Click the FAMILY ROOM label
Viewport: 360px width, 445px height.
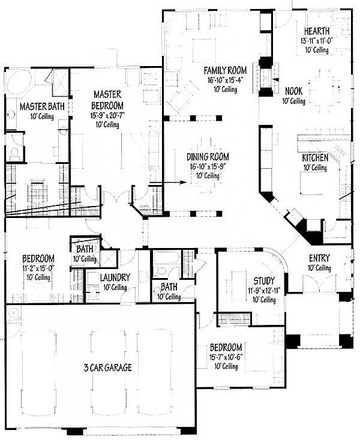[x=225, y=70]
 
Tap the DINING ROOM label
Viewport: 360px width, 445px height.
[x=208, y=157]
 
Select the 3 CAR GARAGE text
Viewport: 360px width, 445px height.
[x=108, y=368]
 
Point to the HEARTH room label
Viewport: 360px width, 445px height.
[x=317, y=31]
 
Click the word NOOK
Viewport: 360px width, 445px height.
[x=293, y=91]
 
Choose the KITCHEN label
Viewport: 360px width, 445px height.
[x=315, y=158]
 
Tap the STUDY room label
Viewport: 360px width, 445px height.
[x=264, y=281]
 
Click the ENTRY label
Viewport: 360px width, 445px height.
[x=319, y=258]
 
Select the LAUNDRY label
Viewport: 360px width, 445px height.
[x=115, y=277]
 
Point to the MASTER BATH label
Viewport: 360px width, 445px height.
[x=42, y=107]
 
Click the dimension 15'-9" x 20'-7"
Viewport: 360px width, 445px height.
[x=107, y=115]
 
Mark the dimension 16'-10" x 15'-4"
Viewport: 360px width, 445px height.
[x=225, y=80]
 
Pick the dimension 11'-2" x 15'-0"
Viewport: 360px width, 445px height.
[x=38, y=268]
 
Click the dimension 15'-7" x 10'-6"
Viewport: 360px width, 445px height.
[x=226, y=357]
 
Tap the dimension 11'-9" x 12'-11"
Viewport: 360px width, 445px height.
[x=264, y=290]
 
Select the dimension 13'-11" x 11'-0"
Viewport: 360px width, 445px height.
[x=317, y=40]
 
